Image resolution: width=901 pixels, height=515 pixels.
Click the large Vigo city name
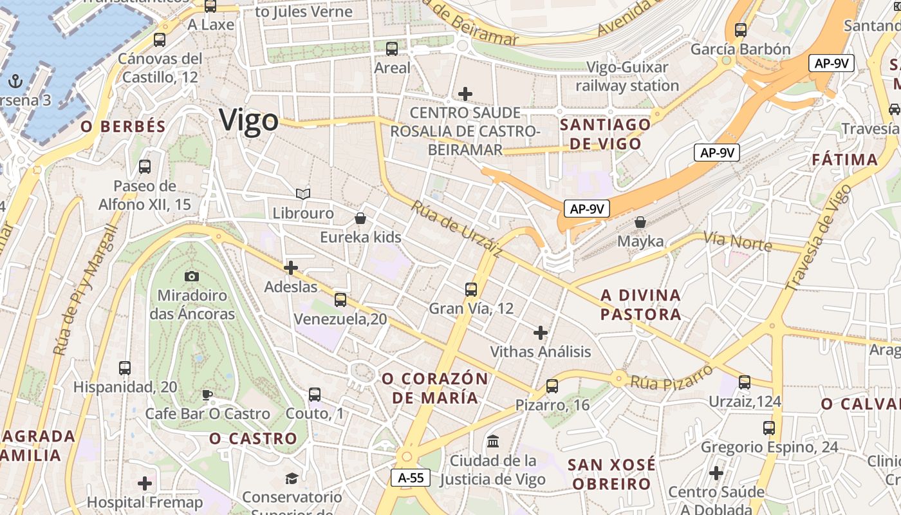click(x=248, y=120)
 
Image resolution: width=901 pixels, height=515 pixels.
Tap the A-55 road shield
click(x=411, y=478)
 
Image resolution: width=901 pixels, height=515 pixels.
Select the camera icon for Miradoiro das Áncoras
click(x=191, y=276)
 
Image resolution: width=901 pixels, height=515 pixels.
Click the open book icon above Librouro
click(x=302, y=194)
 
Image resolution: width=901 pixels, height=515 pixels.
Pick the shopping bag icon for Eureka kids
click(x=360, y=218)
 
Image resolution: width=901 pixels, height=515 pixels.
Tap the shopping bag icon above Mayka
click(x=640, y=223)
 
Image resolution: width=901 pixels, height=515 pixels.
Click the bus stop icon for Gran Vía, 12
click(x=471, y=290)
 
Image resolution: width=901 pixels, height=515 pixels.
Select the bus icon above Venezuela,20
click(x=340, y=299)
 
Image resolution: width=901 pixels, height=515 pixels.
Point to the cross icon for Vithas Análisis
click(x=541, y=333)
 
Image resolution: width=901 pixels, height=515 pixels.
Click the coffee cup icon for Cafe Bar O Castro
click(x=207, y=395)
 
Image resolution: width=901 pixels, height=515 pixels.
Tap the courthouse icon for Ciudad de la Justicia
click(x=494, y=442)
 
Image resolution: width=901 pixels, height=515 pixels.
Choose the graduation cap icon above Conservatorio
click(x=292, y=478)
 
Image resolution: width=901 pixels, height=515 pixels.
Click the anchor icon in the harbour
click(x=15, y=81)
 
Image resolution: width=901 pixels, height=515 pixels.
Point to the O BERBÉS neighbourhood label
click(x=124, y=127)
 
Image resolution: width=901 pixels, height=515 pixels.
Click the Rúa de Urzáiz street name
click(x=456, y=229)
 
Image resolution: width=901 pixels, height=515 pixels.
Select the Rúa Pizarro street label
click(x=671, y=377)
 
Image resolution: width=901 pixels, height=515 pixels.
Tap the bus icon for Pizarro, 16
click(x=552, y=386)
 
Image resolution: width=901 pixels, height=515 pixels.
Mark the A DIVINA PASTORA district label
click(x=640, y=304)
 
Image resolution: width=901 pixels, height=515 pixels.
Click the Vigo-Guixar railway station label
click(x=627, y=76)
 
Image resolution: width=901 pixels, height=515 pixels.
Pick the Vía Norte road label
click(x=738, y=241)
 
